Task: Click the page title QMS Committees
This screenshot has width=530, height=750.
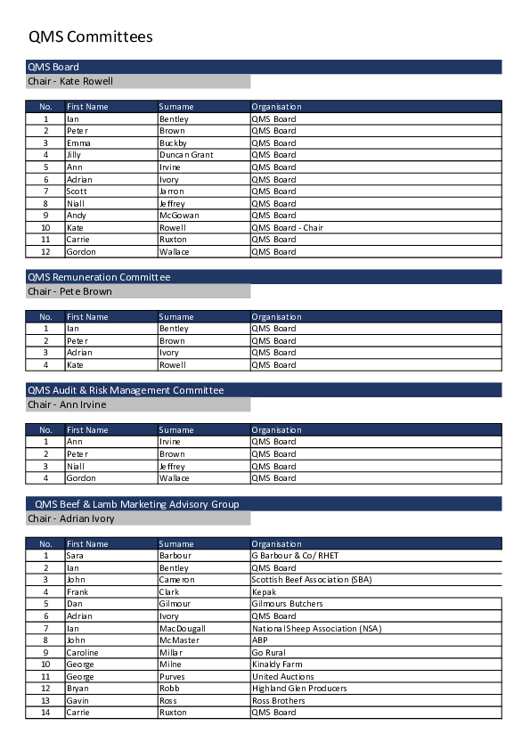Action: pos(90,37)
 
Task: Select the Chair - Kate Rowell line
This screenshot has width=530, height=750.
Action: pos(70,81)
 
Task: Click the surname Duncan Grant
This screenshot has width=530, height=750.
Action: pos(186,155)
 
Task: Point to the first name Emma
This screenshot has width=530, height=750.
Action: pos(79,143)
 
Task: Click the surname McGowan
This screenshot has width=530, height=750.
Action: pos(179,216)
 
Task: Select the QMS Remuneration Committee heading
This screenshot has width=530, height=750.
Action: pos(99,277)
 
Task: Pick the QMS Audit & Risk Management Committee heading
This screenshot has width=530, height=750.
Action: pos(126,390)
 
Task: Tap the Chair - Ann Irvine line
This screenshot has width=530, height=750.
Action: pos(67,404)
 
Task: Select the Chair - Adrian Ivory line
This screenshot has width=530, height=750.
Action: pos(71,518)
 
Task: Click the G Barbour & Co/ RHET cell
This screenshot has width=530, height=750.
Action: pos(295,556)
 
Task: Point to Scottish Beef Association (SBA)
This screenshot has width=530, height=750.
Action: pos(311,580)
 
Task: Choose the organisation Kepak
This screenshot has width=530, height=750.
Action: pos(264,592)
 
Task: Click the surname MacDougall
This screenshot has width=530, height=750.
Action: pos(182,628)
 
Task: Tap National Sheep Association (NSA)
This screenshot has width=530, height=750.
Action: pos(315,628)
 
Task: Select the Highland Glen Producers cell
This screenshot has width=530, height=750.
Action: pos(298,689)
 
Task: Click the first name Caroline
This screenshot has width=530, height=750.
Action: pos(83,652)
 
